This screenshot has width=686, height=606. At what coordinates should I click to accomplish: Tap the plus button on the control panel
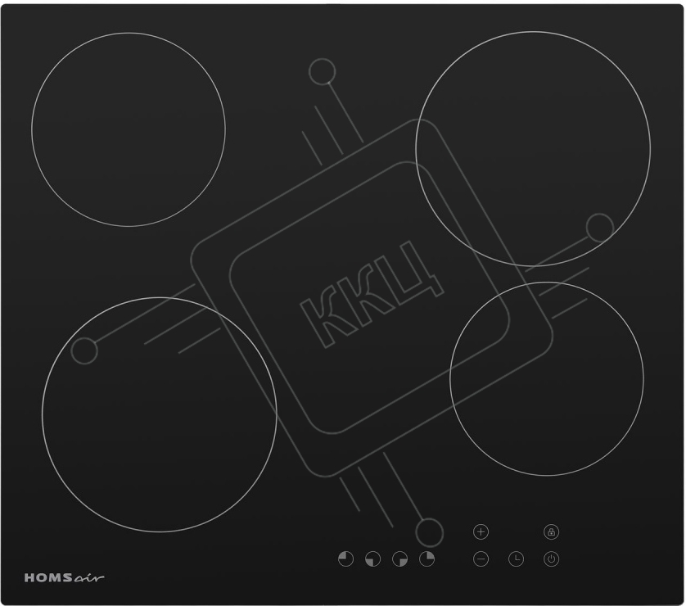point(481,532)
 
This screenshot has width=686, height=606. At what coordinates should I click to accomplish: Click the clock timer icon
point(517,559)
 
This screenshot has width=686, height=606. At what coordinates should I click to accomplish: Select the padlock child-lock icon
point(551,532)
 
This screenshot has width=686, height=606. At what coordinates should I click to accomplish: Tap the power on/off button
point(551,559)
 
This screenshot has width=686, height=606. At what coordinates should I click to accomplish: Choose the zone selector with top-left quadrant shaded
point(345,559)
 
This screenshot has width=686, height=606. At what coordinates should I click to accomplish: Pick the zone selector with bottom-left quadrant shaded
point(372,559)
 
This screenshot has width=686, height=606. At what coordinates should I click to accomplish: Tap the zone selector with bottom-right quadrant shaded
point(399,559)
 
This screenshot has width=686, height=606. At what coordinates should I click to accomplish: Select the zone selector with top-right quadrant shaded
point(427,559)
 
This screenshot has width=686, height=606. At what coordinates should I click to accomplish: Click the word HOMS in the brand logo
point(48,577)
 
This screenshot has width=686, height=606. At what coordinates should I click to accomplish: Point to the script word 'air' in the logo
point(89,578)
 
